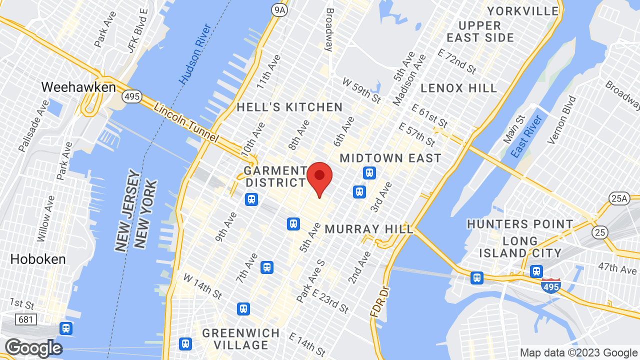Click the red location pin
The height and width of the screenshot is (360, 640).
pos(319,177)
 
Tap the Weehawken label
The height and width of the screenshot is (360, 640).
pos(78,87)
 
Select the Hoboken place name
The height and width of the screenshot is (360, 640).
pos(38,259)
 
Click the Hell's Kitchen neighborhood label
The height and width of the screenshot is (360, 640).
pos(289,107)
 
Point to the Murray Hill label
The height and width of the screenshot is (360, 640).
pos(369,229)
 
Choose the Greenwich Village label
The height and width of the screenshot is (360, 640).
pos(241,339)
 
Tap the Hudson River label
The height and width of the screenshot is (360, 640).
pos(195,60)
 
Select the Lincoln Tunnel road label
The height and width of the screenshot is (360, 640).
pos(186,122)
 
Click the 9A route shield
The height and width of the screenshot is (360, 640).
pos(280,10)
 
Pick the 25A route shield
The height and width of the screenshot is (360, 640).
pos(619,198)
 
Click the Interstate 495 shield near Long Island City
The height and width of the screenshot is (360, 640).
pos(550,286)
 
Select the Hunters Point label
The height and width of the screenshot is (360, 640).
pos(520,224)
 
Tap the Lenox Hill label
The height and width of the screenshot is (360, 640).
pos(458,88)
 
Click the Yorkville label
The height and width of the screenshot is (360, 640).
pos(523,11)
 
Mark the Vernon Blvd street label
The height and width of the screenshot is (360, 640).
pos(561,120)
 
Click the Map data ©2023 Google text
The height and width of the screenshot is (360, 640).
pos(578,353)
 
